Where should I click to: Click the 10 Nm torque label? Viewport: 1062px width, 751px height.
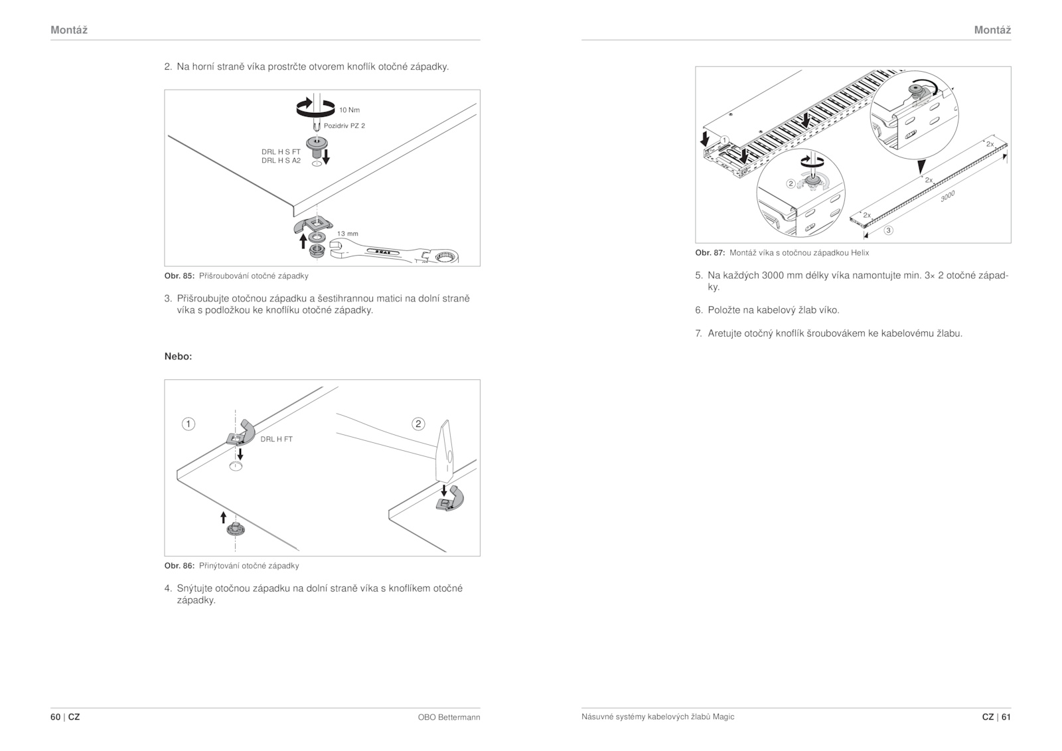pos(349,110)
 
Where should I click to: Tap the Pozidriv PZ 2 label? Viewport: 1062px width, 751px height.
pos(344,125)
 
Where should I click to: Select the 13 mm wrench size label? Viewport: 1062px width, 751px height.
pos(347,234)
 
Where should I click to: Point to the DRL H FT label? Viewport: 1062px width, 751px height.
pos(276,439)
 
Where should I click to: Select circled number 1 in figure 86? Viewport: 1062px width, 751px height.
pos(189,424)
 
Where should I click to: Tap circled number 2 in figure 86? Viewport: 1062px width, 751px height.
pos(418,424)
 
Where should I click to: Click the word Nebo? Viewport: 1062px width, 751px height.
pos(178,357)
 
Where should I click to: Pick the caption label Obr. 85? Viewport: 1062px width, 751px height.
pos(179,276)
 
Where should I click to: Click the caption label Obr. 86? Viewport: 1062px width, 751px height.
pos(179,566)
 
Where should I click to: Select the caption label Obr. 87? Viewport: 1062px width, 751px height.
pos(710,253)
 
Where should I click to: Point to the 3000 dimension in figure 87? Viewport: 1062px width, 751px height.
pos(947,196)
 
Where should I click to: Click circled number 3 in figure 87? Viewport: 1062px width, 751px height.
pos(888,230)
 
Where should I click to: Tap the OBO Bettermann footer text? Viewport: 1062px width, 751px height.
pos(449,717)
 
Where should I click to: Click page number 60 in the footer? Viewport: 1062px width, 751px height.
pos(56,717)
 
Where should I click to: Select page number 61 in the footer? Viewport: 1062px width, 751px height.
pos(1006,717)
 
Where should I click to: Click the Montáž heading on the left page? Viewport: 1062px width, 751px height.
pos(69,30)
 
